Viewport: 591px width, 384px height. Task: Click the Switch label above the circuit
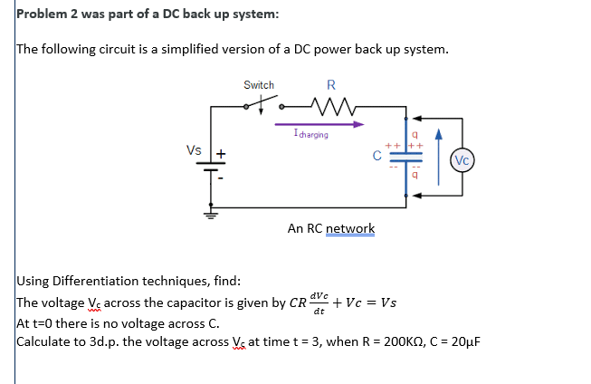[259, 85]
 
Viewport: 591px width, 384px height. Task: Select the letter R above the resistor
[331, 86]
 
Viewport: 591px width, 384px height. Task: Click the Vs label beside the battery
[194, 149]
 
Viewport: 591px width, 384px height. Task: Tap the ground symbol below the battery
[211, 216]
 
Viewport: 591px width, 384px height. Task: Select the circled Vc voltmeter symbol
[462, 160]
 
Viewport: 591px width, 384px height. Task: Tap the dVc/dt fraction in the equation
[319, 302]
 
